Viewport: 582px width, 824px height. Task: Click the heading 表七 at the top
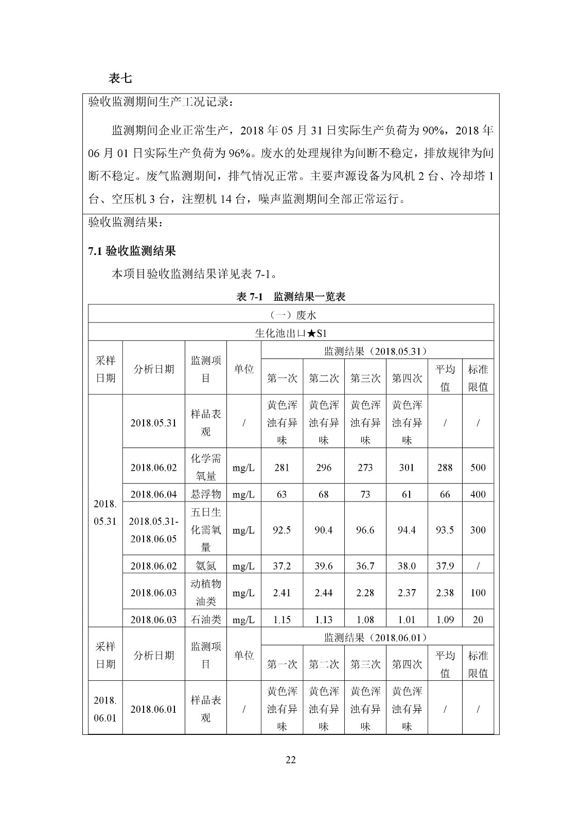pos(120,78)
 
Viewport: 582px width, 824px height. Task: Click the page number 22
pos(291,760)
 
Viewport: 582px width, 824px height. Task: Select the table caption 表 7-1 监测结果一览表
pos(290,297)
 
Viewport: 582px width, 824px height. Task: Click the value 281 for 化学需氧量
pos(281,468)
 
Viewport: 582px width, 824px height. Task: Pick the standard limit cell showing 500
pos(478,468)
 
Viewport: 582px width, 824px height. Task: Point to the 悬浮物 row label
pos(205,494)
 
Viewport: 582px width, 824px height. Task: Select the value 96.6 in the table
pos(365,530)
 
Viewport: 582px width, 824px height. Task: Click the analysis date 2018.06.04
pos(153,494)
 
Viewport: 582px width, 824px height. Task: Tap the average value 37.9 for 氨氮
pos(445,566)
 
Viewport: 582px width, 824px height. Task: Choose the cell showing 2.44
pos(323,593)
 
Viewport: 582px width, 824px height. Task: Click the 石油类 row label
pos(205,620)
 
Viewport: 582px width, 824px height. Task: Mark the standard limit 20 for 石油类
pos(478,620)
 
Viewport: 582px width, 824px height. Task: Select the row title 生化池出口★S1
pos(291,333)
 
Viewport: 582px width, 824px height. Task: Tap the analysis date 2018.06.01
pos(153,709)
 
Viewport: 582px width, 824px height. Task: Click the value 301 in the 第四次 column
pos(407,468)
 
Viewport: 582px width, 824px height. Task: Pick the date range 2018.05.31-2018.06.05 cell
pos(153,530)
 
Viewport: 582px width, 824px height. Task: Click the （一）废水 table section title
pos(291,315)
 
